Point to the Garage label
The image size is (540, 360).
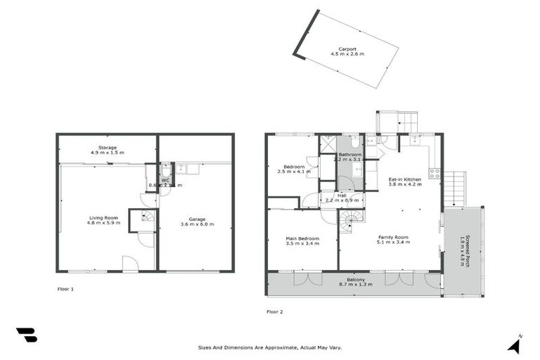(x=197, y=221)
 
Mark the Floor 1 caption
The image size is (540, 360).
(x=65, y=289)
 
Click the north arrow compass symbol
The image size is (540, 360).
(x=515, y=344)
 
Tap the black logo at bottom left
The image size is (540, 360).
(x=26, y=335)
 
